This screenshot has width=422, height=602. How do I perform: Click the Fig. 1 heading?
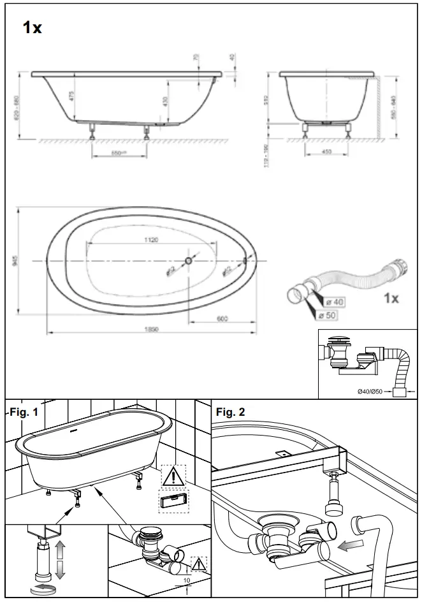[24, 413]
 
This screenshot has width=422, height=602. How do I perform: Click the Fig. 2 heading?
[230, 413]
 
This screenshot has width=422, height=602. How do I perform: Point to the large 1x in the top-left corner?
[32, 27]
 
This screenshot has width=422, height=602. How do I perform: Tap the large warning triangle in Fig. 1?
[173, 476]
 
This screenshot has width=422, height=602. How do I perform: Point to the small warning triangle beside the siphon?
[200, 563]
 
